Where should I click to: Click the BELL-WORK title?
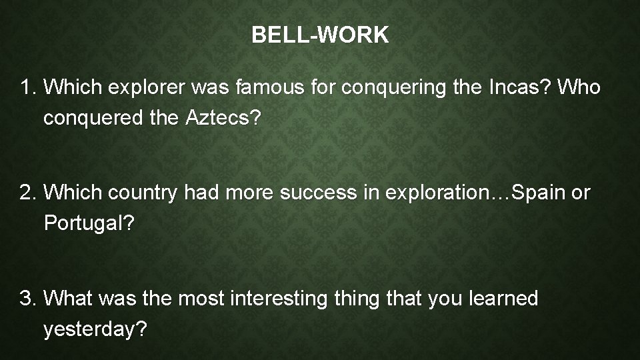(x=320, y=36)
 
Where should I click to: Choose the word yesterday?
(x=95, y=329)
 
